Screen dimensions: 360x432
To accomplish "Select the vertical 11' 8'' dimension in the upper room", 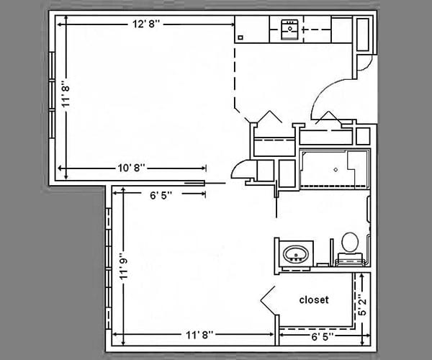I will pos(66,94).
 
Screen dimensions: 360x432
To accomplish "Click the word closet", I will pos(314,300).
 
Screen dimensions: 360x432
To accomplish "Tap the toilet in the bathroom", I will pos(350,243).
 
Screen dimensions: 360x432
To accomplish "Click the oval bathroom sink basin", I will pos(296,254).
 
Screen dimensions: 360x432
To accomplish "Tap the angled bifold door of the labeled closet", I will pos(269,300).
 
